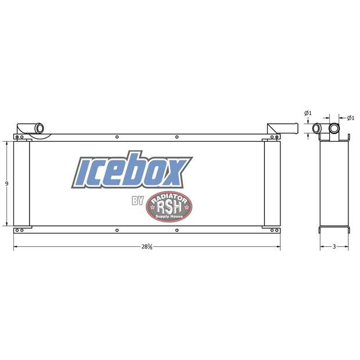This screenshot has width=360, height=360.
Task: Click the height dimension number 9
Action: pyautogui.click(x=6, y=183)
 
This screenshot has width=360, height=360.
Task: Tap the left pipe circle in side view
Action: pyautogui.click(x=317, y=128)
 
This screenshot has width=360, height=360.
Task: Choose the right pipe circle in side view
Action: pyautogui.click(x=335, y=128)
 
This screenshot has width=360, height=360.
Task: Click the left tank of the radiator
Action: pyautogui.click(x=21, y=183)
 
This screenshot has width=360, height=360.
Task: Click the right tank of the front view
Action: pyautogui.click(x=271, y=183)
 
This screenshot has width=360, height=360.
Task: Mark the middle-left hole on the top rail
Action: pyautogui.click(x=117, y=137)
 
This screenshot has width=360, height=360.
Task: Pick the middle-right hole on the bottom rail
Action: pyautogui.click(x=176, y=231)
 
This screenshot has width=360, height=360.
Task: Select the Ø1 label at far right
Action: pyautogui.click(x=350, y=118)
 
